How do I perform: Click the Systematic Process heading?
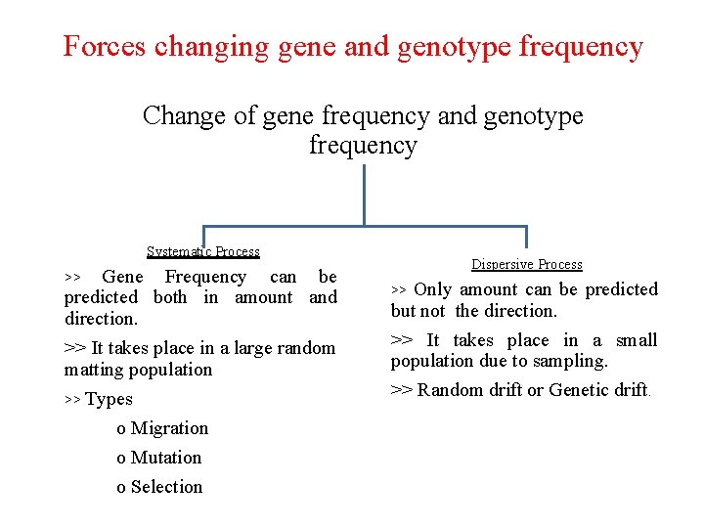(203, 251)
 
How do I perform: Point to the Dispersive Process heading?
(526, 264)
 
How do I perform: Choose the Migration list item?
(169, 428)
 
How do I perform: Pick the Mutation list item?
(165, 458)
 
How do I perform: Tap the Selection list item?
(166, 487)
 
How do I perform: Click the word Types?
(109, 399)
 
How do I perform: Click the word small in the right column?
(637, 340)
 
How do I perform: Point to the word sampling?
(571, 361)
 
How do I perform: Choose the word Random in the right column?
(449, 390)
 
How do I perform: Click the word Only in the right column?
(432, 289)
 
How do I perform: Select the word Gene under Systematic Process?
(122, 277)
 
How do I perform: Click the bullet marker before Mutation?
(120, 459)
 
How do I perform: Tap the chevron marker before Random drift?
(401, 390)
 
